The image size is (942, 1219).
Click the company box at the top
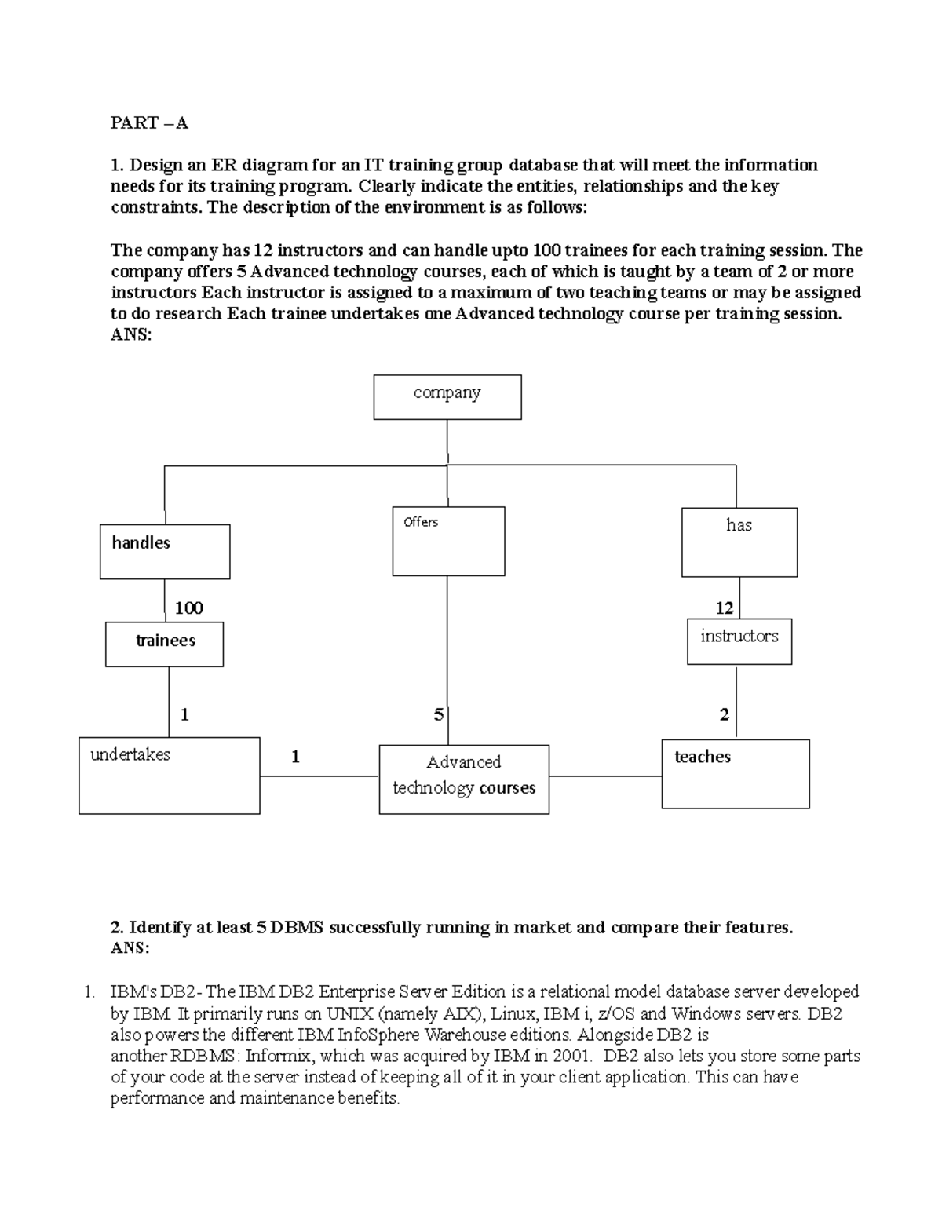click(x=447, y=396)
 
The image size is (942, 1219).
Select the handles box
click(x=165, y=552)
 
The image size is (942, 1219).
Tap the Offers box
click(x=448, y=542)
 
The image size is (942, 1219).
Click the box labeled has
click(x=739, y=542)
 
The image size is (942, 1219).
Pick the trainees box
click(x=165, y=644)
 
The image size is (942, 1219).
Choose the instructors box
click(x=739, y=641)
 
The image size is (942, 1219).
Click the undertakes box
click(x=169, y=775)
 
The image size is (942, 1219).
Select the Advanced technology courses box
click(x=463, y=779)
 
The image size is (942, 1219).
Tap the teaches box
click(x=735, y=773)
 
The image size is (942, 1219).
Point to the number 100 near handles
click(x=188, y=608)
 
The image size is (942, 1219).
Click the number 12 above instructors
click(x=724, y=608)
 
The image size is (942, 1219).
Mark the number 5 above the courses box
click(x=438, y=715)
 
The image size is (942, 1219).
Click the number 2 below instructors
click(x=724, y=715)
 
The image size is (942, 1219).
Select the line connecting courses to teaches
click(x=604, y=776)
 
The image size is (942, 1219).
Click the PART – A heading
click(x=149, y=123)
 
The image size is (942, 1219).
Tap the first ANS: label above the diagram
click(x=130, y=335)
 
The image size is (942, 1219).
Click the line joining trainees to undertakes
click(x=169, y=702)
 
